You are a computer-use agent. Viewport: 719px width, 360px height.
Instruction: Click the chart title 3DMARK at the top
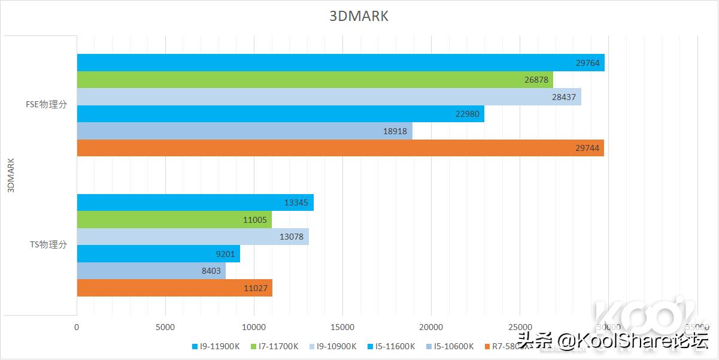coord(359,16)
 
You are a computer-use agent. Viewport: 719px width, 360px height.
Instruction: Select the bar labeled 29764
coord(340,63)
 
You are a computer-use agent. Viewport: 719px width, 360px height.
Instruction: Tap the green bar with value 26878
coord(314,80)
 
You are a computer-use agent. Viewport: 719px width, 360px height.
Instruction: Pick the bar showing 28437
coord(329,97)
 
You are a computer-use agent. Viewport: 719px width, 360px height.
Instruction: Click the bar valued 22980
coord(280,114)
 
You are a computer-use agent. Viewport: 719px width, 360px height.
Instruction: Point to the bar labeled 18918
coord(244,131)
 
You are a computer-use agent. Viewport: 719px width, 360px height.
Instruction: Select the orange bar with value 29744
coord(340,148)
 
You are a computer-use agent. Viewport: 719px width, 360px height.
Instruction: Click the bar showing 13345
coord(195,202)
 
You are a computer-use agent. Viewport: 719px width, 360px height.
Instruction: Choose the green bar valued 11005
coord(174,220)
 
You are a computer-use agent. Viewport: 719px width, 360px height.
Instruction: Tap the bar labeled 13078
coord(193,237)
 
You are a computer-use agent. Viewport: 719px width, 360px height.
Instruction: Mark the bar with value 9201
coord(158,253)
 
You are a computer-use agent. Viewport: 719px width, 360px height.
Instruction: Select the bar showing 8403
coord(151,271)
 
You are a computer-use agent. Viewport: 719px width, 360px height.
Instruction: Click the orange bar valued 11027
coord(174,288)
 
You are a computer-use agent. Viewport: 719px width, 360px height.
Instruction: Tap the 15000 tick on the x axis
coord(342,327)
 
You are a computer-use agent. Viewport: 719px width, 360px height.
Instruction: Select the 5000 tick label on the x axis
coord(165,327)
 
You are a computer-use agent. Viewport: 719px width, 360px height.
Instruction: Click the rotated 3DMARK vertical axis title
coord(10,176)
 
